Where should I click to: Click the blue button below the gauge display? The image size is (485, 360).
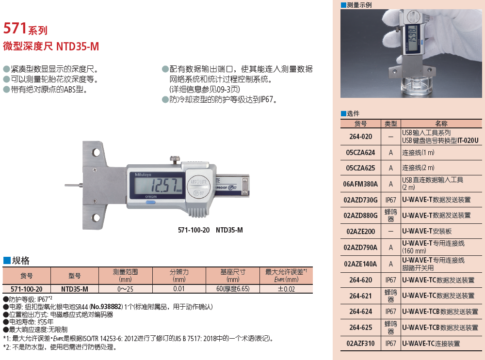150,203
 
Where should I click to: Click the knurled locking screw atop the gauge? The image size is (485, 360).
175,160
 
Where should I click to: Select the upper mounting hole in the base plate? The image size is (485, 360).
96,152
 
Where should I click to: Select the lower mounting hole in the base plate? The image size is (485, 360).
96,217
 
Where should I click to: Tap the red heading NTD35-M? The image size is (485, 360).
77,47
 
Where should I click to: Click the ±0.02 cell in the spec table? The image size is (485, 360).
287,289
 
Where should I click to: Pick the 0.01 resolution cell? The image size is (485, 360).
179,289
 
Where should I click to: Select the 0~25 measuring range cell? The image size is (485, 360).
125,289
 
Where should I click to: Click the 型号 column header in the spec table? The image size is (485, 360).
75,276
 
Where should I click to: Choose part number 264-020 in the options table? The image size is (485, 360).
361,137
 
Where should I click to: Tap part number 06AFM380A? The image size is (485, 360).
360,184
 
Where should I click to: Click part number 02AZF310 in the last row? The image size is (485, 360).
360,344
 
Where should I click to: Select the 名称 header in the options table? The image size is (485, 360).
441,124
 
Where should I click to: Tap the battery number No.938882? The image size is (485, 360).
106,307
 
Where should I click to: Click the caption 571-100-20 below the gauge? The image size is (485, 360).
194,230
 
